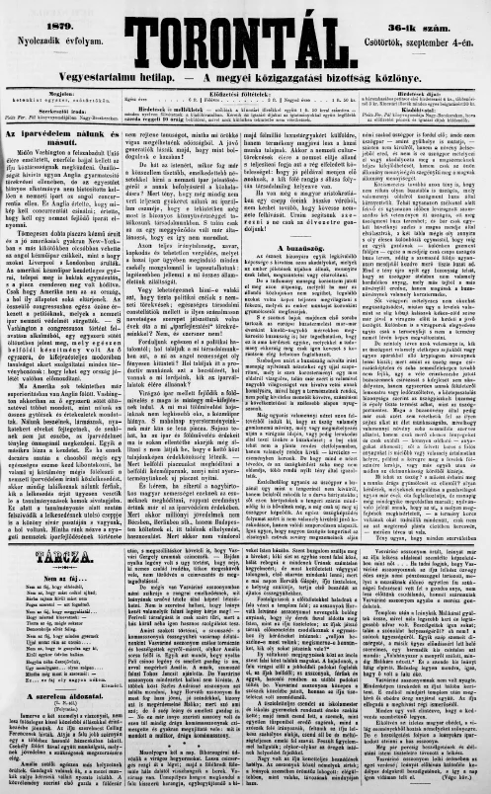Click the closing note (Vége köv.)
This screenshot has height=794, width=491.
[x=460, y=786]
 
